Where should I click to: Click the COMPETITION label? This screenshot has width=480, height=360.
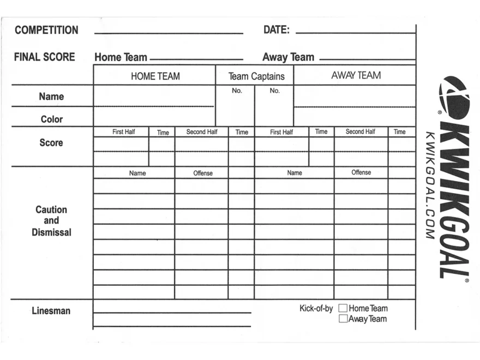[46, 30]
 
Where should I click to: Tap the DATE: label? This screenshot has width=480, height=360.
[276, 30]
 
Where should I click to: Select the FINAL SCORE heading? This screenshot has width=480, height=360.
[45, 57]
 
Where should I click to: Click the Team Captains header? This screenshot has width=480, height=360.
[256, 76]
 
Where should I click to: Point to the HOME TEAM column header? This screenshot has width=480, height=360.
[155, 76]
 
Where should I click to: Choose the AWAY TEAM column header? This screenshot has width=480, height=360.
[356, 75]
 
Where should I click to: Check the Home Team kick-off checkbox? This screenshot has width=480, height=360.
[343, 309]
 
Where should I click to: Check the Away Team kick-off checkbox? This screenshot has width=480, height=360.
[343, 319]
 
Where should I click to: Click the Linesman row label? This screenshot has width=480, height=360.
[51, 311]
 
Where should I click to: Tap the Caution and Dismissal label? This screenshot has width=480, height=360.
[51, 221]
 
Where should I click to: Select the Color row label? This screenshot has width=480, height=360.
[52, 119]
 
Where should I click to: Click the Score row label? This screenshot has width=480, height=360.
[51, 142]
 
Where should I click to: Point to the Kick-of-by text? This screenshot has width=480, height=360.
[316, 308]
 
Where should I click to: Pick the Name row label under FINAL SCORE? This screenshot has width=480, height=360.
[51, 97]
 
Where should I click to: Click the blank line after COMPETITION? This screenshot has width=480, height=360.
[169, 32]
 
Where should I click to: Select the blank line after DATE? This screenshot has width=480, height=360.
[355, 32]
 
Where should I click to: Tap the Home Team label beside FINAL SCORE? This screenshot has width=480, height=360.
[121, 57]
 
